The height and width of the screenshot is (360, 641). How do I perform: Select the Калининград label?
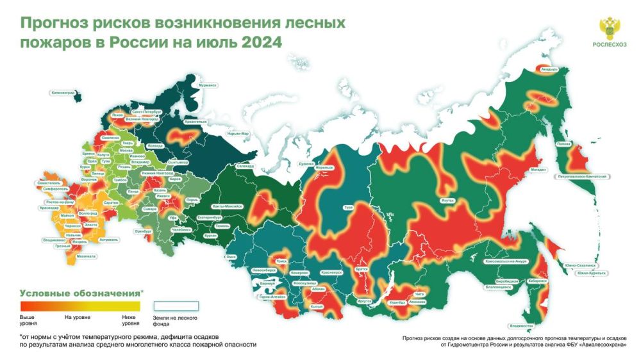click(x=63, y=92)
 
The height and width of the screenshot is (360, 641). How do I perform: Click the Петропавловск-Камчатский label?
click(x=583, y=176)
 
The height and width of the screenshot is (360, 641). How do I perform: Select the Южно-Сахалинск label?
click(x=581, y=265)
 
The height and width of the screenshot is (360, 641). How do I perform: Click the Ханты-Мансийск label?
click(x=228, y=206)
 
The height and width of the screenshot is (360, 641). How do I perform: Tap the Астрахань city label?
click(x=110, y=240)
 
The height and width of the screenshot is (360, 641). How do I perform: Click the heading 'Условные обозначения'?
click(x=79, y=293)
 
